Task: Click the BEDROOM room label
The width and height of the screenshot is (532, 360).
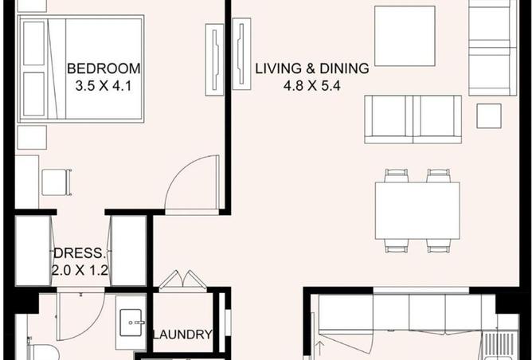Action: click(104, 68)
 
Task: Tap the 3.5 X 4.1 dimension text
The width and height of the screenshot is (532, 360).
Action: click(104, 85)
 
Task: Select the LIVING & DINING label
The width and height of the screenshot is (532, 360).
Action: click(311, 68)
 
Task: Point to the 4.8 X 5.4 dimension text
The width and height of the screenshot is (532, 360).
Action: click(312, 85)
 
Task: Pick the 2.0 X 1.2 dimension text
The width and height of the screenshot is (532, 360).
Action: click(80, 270)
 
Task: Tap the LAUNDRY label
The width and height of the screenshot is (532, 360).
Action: click(182, 335)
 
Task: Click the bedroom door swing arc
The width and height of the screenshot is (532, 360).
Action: click(191, 183)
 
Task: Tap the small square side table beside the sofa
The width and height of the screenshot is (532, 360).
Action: click(488, 116)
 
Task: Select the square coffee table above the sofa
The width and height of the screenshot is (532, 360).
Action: click(405, 36)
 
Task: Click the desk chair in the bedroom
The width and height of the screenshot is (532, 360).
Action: click(54, 182)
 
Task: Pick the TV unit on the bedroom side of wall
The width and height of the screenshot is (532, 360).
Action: click(213, 59)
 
